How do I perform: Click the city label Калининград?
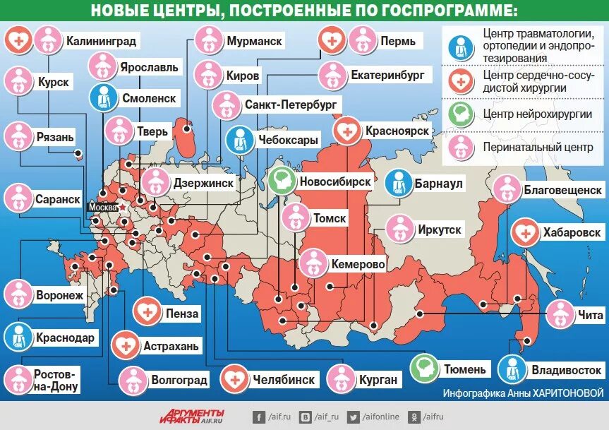(x=101, y=42)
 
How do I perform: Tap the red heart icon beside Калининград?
(x=19, y=41)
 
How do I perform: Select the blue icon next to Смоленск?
(x=104, y=99)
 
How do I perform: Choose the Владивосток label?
(x=567, y=369)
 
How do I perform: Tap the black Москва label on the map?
(x=102, y=208)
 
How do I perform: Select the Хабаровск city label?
(x=572, y=232)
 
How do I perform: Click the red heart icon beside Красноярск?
(x=346, y=131)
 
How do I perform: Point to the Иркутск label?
(x=439, y=229)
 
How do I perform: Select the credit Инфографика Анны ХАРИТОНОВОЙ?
(x=524, y=393)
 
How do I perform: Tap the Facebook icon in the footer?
(x=259, y=417)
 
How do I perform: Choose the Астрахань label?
(x=171, y=347)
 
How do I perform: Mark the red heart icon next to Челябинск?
(x=234, y=380)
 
